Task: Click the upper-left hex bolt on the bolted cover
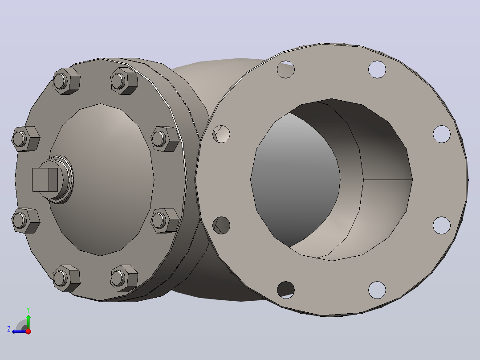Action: click(x=66, y=81)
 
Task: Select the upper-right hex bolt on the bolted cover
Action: click(x=124, y=81)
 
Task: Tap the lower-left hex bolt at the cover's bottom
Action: click(x=66, y=278)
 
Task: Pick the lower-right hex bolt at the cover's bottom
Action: click(x=124, y=278)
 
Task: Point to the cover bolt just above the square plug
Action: click(x=26, y=139)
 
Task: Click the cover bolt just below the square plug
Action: click(x=26, y=220)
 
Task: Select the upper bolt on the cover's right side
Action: click(x=165, y=139)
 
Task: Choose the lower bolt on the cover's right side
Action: click(x=165, y=220)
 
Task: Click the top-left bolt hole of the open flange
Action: click(x=285, y=69)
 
